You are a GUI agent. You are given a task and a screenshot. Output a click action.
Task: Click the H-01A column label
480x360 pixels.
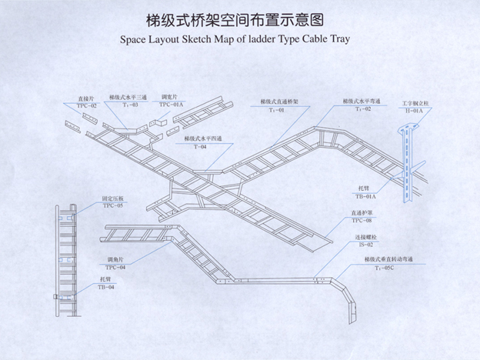pyautogui.click(x=414, y=112)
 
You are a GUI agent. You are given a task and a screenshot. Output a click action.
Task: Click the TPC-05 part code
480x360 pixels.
pyautogui.click(x=113, y=206)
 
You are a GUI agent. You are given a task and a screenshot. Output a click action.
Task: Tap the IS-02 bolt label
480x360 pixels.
pyautogui.click(x=365, y=245)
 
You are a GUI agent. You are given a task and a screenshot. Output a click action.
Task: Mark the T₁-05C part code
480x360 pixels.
pyautogui.click(x=380, y=269)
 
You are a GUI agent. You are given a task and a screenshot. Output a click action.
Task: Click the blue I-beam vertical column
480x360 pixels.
pyautogui.click(x=405, y=165)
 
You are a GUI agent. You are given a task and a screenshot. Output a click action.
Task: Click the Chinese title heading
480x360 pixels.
pyautogui.click(x=239, y=18)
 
